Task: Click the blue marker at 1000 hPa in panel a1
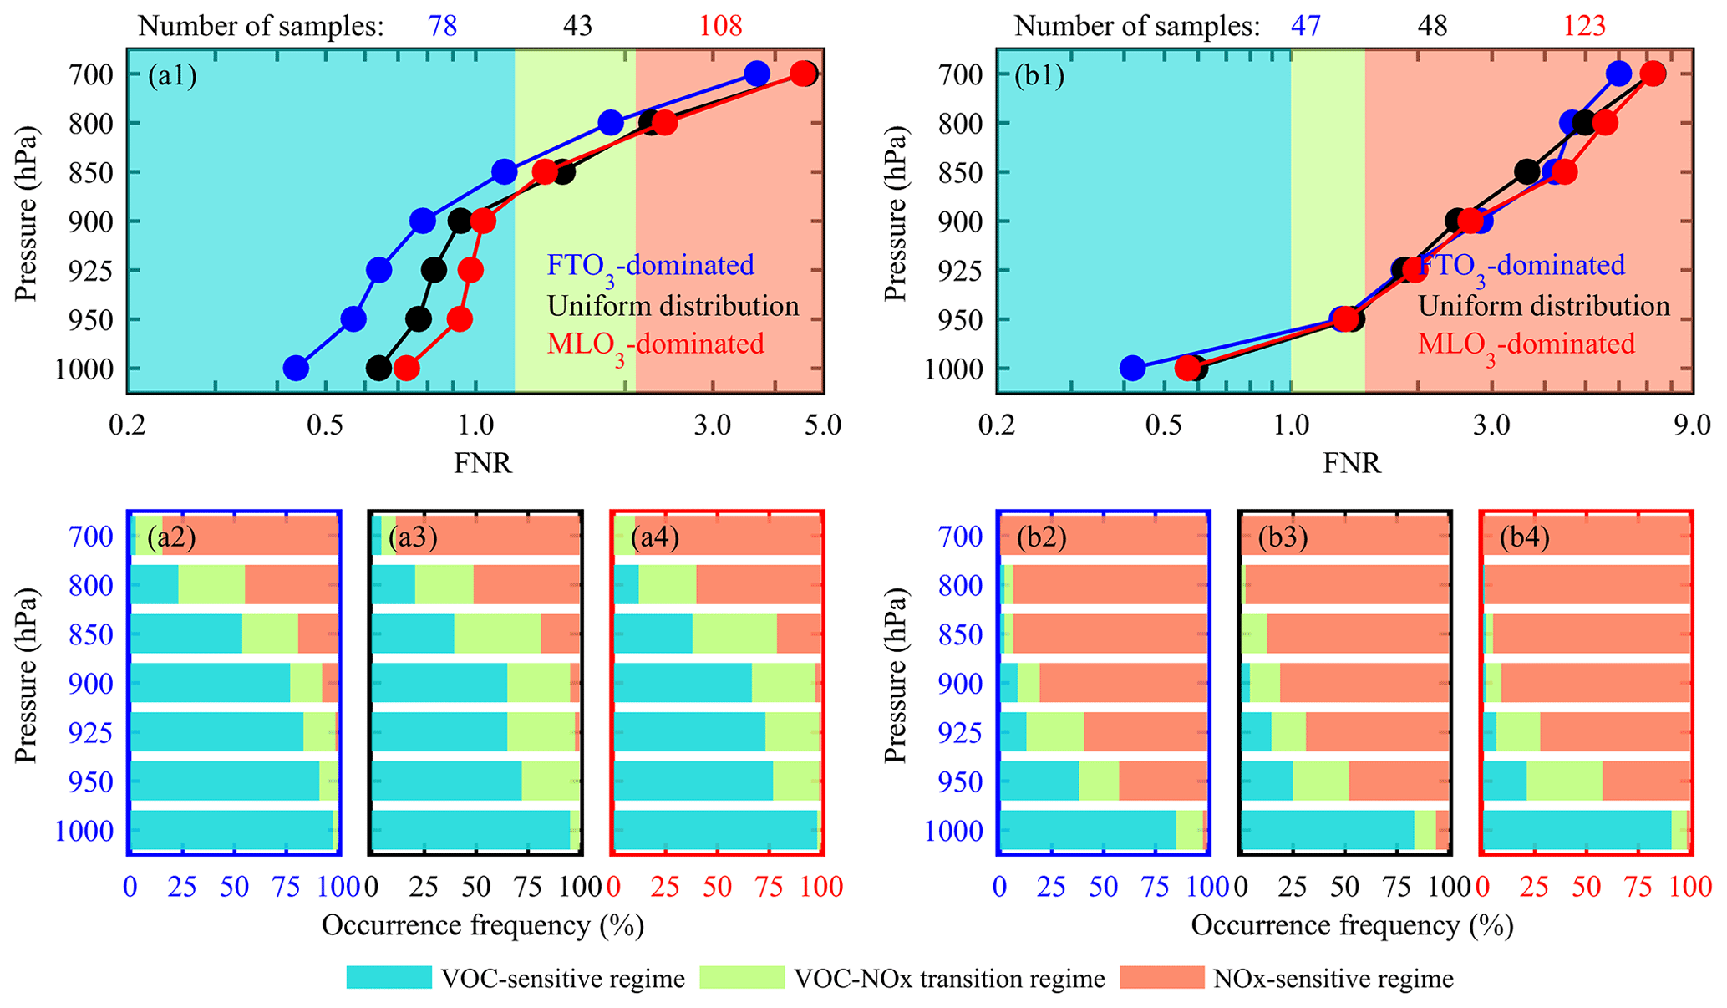point(296,368)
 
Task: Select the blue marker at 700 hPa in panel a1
point(757,74)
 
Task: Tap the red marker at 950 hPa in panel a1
point(460,319)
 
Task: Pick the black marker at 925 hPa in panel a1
point(434,270)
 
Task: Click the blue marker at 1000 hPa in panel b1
point(1132,368)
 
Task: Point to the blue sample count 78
point(443,27)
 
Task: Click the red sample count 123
point(1585,27)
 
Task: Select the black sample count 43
point(577,27)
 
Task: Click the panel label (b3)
point(1283,537)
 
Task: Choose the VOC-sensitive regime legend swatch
point(389,978)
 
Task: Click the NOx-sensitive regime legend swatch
point(1161,978)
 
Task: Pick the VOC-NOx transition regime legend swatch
point(742,978)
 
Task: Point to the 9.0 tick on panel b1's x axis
point(1693,427)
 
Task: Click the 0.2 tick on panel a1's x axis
point(128,427)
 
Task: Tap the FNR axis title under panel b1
point(1352,462)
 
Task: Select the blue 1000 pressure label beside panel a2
point(84,832)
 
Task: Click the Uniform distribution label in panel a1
point(673,306)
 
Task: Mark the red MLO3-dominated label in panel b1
point(1526,344)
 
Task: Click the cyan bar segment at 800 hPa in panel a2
point(155,584)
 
